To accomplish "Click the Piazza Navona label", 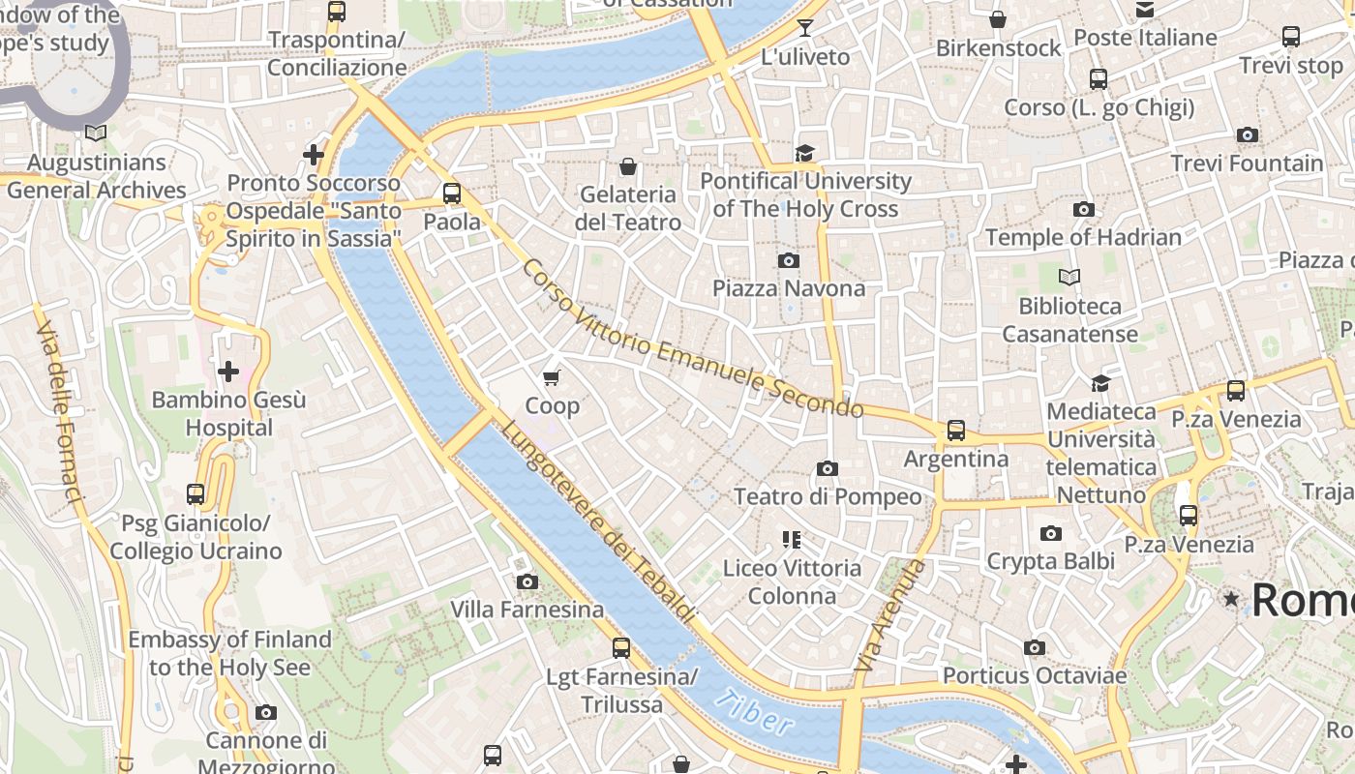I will tap(789, 288).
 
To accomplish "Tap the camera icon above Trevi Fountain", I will tap(1248, 135).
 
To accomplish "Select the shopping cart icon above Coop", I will tap(552, 377).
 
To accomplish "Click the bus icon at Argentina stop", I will tap(956, 431).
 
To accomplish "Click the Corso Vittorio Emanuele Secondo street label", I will tap(691, 339).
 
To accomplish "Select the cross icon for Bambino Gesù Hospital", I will tap(228, 372).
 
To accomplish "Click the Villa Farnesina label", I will tap(527, 610).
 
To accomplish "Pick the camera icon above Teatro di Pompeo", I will tap(828, 469).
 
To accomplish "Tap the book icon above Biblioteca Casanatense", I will tap(1069, 278).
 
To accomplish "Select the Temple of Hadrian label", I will tap(1083, 237).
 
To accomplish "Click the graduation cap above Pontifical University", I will tap(804, 153).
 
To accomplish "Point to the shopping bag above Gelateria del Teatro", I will tap(628, 166).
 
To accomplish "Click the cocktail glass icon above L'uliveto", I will tap(804, 27).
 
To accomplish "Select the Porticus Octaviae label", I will tap(1035, 675).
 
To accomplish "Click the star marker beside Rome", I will tap(1231, 600).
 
